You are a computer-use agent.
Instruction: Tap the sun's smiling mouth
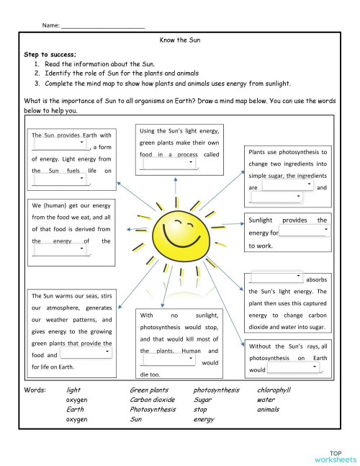(174, 236)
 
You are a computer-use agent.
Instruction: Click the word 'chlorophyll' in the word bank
(274, 390)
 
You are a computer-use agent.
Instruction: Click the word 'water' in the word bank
(266, 399)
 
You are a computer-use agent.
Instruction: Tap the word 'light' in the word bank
(73, 390)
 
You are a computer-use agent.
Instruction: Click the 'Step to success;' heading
(50, 54)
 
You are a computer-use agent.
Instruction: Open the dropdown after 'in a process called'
(169, 163)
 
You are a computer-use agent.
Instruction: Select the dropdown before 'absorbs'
(277, 278)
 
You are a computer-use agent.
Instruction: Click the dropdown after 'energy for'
(304, 231)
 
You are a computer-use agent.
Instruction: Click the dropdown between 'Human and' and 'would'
(169, 360)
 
